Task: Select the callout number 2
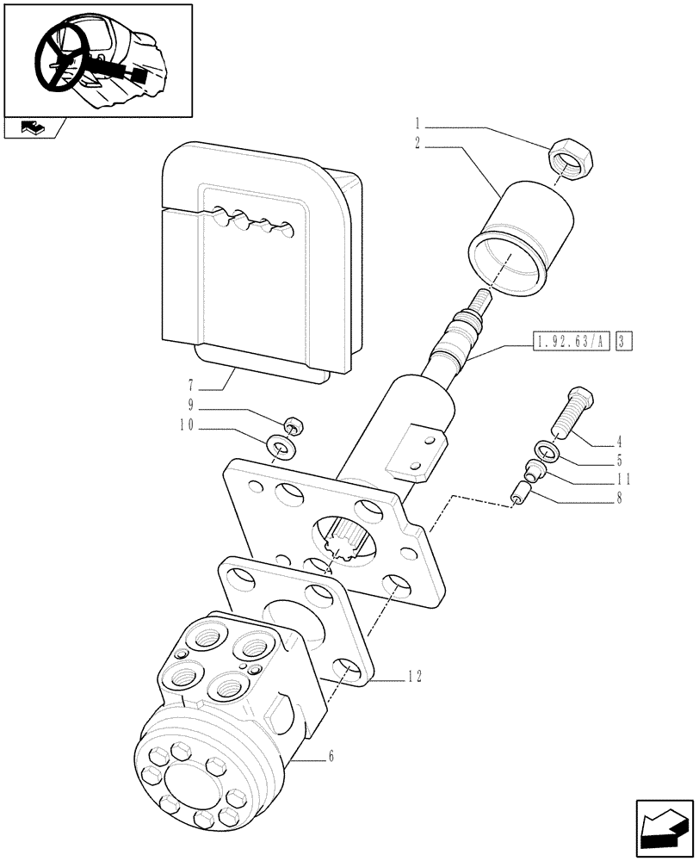click(x=418, y=146)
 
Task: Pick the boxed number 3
click(x=625, y=343)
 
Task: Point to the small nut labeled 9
click(x=293, y=425)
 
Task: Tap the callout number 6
click(x=331, y=757)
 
